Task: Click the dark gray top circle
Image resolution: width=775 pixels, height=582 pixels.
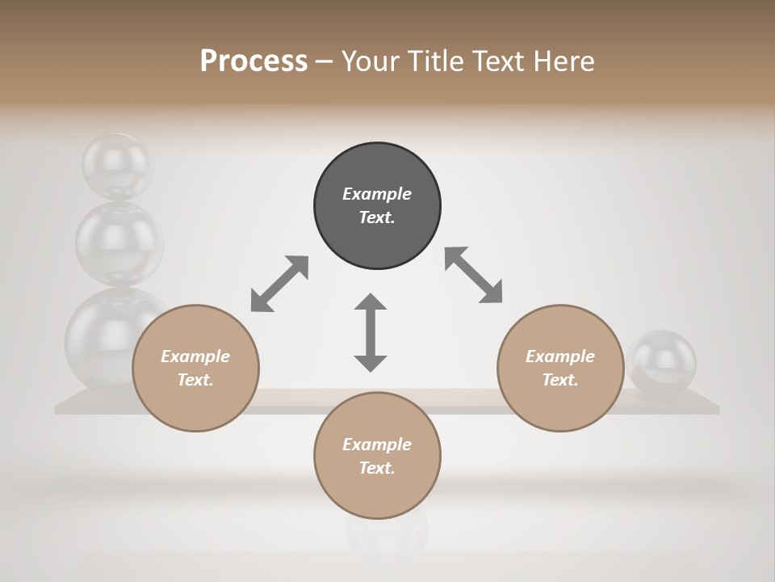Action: pyautogui.click(x=377, y=205)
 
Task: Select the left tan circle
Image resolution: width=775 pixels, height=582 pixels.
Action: pyautogui.click(x=195, y=368)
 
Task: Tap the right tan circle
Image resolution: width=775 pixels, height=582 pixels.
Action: pyautogui.click(x=560, y=368)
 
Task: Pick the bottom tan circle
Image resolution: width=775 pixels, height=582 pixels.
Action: pyautogui.click(x=377, y=456)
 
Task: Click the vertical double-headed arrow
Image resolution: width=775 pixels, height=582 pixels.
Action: pyautogui.click(x=371, y=332)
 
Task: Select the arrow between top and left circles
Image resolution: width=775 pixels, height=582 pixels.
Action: pyautogui.click(x=279, y=284)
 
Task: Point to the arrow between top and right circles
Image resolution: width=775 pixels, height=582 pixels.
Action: pyautogui.click(x=473, y=275)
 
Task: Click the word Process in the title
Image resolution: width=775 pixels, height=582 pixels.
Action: pyautogui.click(x=253, y=61)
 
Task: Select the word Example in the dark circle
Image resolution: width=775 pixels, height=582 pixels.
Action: pyautogui.click(x=377, y=194)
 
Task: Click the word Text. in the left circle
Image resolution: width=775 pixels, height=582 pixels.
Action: pyautogui.click(x=195, y=380)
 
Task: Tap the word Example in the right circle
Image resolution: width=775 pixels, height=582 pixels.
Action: pyautogui.click(x=560, y=356)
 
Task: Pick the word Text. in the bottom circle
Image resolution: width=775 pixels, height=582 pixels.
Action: pyautogui.click(x=377, y=468)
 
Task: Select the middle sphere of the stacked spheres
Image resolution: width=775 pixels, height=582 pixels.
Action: pyautogui.click(x=118, y=241)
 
